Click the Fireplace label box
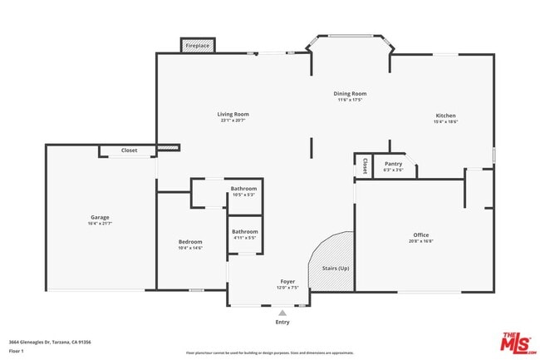click(198, 45)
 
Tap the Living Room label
click(233, 115)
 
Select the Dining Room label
click(350, 94)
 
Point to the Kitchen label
click(445, 116)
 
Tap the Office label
click(421, 235)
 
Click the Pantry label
click(393, 165)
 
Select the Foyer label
click(287, 283)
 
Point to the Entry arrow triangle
click(282, 313)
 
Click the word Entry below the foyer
click(282, 323)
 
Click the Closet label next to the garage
click(129, 150)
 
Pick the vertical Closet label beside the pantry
click(364, 166)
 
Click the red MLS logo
click(518, 341)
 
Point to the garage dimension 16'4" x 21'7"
click(100, 224)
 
